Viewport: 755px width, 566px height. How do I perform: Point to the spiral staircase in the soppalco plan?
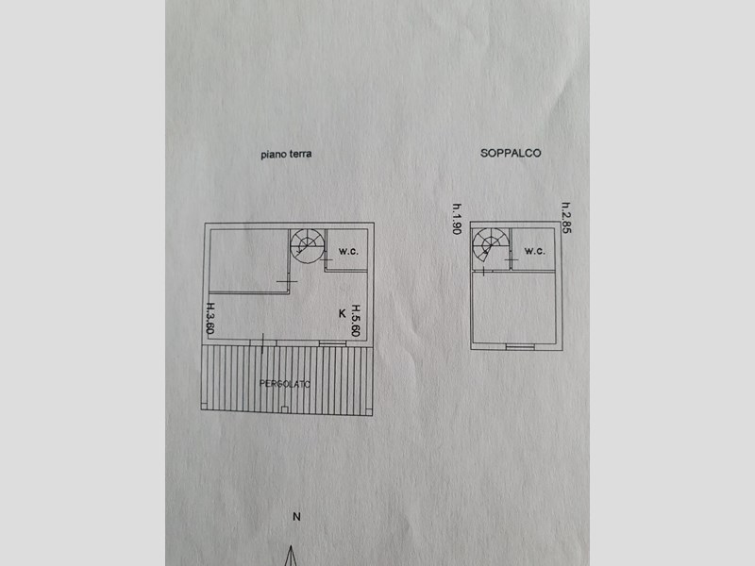489,247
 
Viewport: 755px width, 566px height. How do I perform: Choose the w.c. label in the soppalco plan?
534,251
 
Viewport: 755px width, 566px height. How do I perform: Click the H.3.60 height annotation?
211,319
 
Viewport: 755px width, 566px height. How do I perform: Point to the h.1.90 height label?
457,219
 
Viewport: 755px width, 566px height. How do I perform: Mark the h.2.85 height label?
566,219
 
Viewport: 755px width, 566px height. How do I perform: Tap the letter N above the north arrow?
296,516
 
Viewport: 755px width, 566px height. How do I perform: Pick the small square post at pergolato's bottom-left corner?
205,412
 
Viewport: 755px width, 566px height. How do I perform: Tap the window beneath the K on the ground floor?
333,342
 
